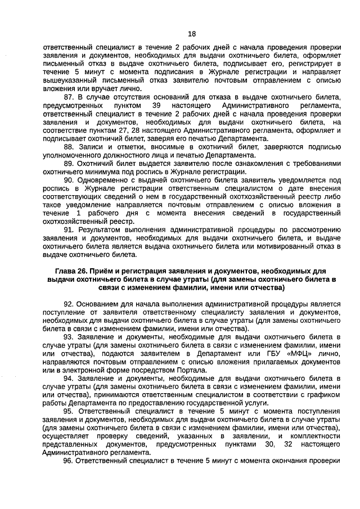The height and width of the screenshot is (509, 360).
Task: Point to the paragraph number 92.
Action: click(x=70, y=303)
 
